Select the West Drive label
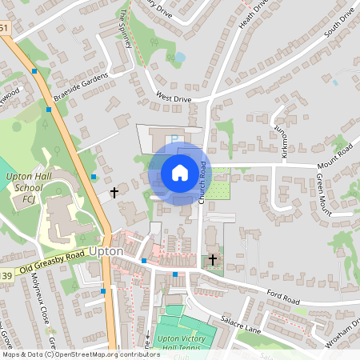pyautogui.click(x=174, y=97)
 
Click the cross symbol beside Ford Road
pyautogui.click(x=213, y=260)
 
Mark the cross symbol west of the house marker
pyautogui.click(x=114, y=193)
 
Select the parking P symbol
pyautogui.click(x=175, y=138)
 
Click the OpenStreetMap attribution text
pyautogui.click(x=81, y=354)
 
